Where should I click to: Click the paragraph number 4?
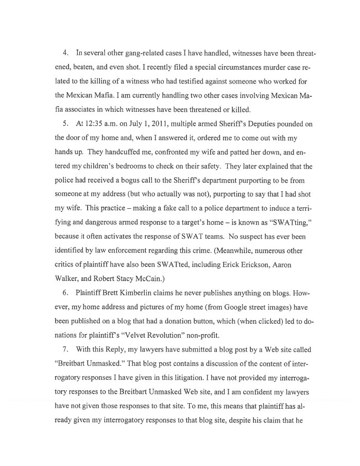point(65,54)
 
